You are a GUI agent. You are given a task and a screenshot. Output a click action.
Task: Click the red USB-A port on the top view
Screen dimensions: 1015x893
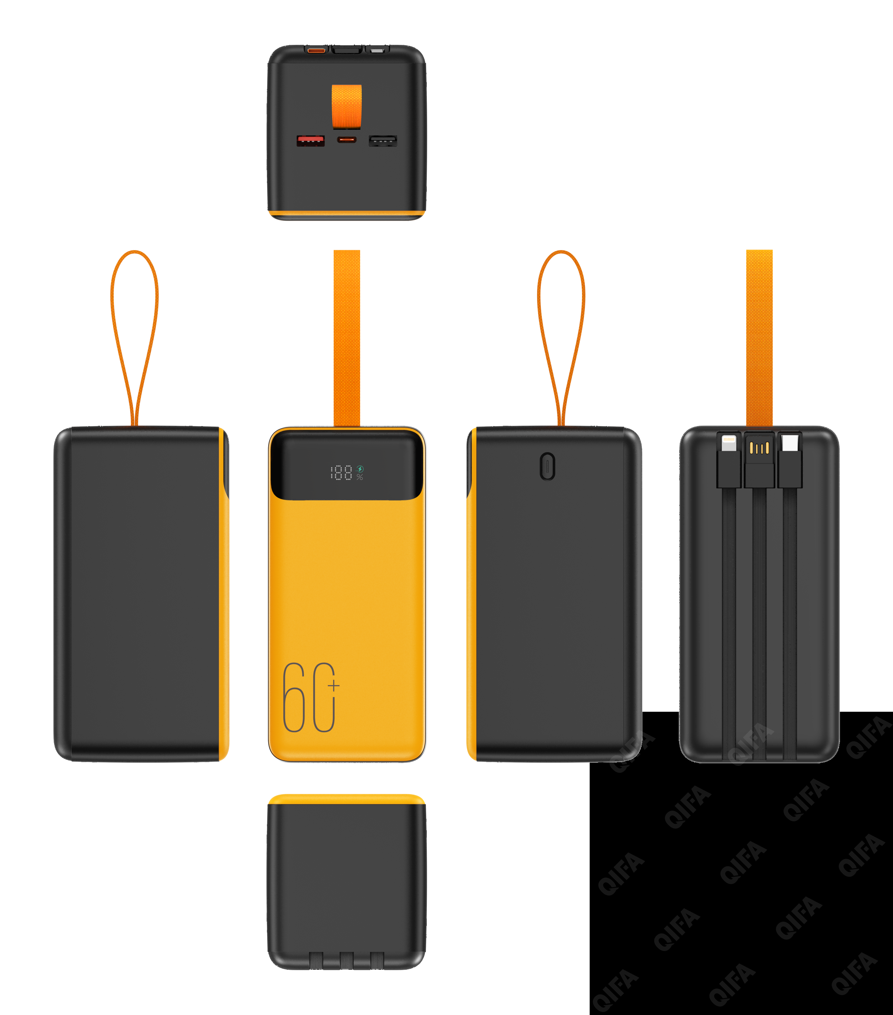310,140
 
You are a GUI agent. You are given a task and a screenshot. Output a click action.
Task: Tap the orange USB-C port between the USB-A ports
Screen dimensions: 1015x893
347,139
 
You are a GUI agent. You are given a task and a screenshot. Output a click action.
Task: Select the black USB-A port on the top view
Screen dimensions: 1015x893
382,140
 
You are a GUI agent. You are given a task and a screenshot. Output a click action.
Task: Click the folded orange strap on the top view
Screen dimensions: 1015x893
347,105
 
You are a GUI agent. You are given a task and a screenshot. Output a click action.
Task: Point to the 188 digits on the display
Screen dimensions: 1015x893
342,472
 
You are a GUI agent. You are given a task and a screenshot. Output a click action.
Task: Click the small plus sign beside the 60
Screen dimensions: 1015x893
334,686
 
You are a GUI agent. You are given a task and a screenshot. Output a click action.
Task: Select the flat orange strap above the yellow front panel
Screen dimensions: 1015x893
347,338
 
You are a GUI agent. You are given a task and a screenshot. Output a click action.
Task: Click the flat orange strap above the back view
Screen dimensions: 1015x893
760,338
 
